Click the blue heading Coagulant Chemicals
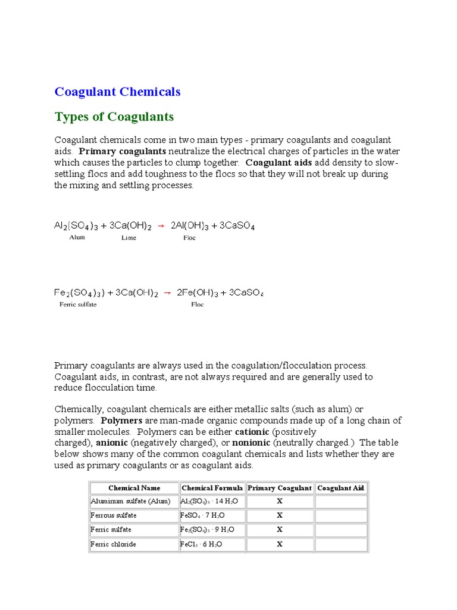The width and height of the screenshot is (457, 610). point(117,92)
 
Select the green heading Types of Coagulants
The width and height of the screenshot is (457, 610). point(114,117)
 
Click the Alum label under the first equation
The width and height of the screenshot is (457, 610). point(77,237)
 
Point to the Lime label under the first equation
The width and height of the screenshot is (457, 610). point(129,238)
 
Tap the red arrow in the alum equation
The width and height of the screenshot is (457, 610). point(161,226)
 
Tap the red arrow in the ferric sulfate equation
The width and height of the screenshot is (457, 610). point(167,293)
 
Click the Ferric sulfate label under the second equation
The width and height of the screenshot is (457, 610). point(78,304)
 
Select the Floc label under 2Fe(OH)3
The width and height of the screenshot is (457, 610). point(197,304)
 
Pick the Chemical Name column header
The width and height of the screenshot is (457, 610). point(134,488)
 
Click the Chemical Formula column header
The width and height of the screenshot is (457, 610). point(212,488)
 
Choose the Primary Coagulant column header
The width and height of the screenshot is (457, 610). point(279,488)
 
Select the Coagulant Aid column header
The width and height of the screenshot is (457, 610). point(340,488)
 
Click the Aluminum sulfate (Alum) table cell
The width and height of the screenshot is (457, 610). point(130,502)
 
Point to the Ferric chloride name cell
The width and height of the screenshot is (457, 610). point(113,544)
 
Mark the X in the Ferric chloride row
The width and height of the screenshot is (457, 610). point(279,544)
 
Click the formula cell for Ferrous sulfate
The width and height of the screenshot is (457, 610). point(202,515)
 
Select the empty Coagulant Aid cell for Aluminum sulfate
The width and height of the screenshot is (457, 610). point(341,502)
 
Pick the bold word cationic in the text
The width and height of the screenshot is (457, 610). point(252,431)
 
